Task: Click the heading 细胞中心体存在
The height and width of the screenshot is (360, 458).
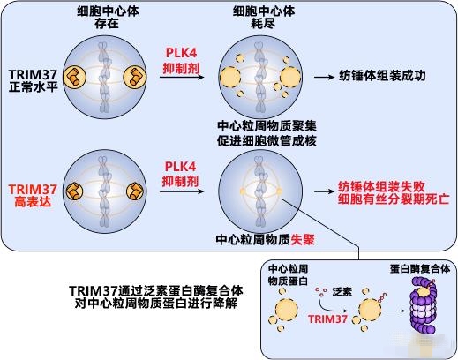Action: (x=108, y=18)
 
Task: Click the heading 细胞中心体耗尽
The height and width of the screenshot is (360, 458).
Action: (x=264, y=18)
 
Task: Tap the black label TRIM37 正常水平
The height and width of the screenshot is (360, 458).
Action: (x=33, y=80)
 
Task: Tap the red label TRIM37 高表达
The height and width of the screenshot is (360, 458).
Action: (x=33, y=195)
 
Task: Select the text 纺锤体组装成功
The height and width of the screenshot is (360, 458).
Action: (x=382, y=76)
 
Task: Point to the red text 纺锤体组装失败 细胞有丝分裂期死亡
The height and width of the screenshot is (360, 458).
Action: (x=394, y=193)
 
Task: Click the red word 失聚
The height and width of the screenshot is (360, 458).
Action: (x=303, y=240)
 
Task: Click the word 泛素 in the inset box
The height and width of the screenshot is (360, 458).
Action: (x=342, y=292)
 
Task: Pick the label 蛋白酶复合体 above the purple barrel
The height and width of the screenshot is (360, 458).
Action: (x=420, y=268)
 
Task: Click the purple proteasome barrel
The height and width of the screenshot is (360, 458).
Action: (x=424, y=305)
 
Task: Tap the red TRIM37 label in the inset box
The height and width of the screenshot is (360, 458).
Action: (x=328, y=319)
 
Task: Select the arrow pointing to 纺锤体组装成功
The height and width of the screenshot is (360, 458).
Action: (x=324, y=77)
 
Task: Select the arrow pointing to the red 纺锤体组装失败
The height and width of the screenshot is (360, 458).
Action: (x=324, y=191)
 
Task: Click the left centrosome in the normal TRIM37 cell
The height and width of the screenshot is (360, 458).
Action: (x=75, y=77)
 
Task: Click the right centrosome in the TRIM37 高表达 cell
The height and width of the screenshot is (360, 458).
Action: (x=135, y=191)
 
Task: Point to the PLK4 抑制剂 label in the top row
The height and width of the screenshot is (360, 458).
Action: (x=181, y=60)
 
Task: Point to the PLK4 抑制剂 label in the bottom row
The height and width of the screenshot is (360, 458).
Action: (x=181, y=174)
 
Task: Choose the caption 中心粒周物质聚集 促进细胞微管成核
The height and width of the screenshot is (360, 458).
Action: (x=267, y=133)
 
